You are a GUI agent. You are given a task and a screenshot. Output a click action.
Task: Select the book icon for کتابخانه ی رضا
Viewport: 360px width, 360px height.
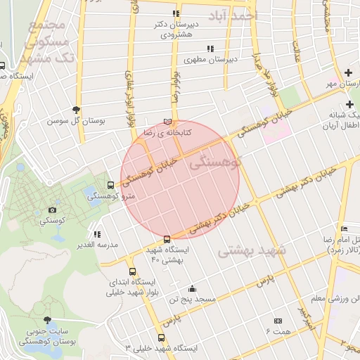[167, 121]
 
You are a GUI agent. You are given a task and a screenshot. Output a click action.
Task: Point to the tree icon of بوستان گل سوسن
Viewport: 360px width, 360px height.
[76, 109]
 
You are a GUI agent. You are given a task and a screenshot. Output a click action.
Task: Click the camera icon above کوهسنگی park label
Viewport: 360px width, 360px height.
[53, 210]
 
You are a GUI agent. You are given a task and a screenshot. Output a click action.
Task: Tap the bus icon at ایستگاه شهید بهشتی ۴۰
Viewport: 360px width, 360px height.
[167, 239]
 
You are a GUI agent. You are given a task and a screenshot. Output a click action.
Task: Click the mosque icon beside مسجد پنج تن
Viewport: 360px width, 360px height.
[193, 288]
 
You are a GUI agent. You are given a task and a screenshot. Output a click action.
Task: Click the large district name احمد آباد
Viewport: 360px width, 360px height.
[234, 14]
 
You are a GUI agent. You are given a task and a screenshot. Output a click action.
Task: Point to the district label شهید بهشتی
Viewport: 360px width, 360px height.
[252, 250]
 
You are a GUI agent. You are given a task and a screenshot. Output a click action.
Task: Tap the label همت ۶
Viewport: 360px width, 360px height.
[282, 330]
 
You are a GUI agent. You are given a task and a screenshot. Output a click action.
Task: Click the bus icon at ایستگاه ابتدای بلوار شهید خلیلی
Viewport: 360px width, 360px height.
[133, 271]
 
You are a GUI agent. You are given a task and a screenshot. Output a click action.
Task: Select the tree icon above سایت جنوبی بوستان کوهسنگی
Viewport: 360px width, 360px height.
[48, 320]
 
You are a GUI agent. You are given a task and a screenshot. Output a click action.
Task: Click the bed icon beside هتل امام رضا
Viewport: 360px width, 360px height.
[344, 229]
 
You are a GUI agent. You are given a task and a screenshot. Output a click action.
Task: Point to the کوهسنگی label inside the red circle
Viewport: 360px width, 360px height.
[215, 162]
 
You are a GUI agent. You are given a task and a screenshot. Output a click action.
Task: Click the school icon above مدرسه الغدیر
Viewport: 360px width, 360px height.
[97, 233]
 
